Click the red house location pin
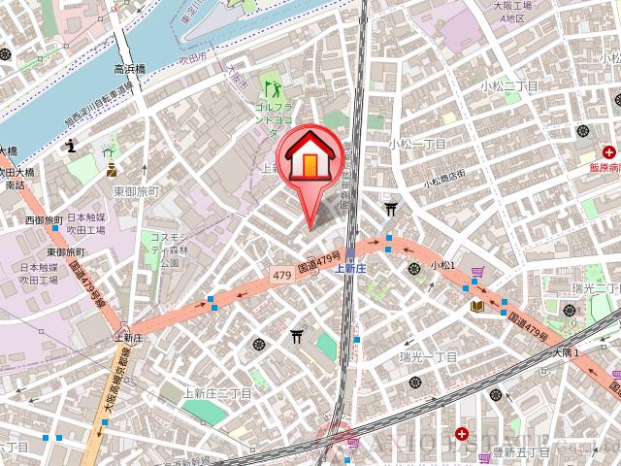click(x=310, y=160)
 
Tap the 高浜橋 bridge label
click(x=129, y=70)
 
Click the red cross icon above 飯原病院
click(x=609, y=151)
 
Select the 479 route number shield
click(x=282, y=276)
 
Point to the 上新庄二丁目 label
click(x=218, y=393)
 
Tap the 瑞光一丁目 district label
click(x=427, y=357)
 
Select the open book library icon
click(x=477, y=306)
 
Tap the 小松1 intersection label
click(x=443, y=264)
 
